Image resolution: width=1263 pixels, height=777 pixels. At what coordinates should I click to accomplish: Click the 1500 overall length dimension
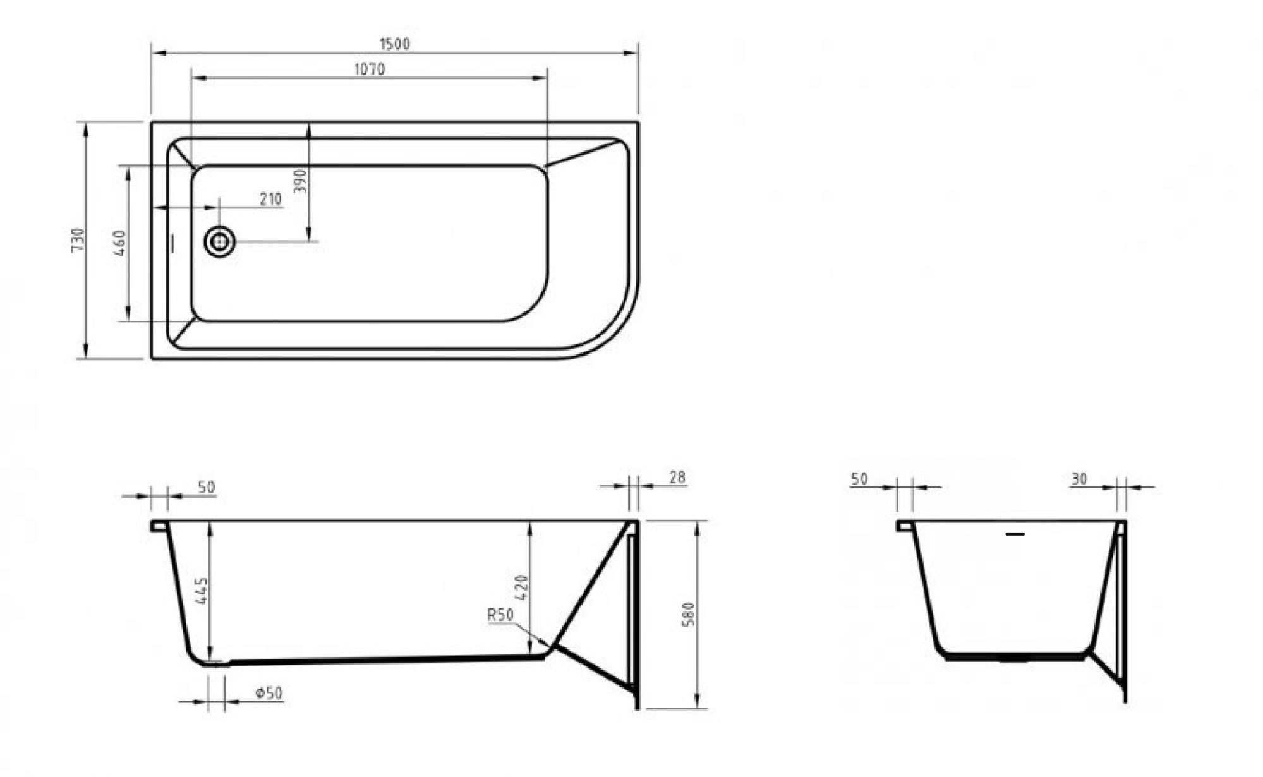(x=394, y=44)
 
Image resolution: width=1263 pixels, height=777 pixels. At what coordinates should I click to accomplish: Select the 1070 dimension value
(x=369, y=69)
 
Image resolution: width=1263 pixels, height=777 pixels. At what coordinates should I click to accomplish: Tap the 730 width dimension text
(x=78, y=240)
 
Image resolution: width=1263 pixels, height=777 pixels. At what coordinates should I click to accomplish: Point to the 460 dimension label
(x=120, y=243)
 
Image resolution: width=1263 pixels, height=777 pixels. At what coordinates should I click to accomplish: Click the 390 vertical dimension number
(x=300, y=181)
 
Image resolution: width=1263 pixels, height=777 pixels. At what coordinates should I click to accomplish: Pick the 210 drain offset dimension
(x=270, y=199)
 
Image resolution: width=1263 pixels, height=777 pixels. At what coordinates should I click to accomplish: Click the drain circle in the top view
(x=219, y=241)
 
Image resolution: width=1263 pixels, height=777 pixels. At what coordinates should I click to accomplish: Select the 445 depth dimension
(x=202, y=590)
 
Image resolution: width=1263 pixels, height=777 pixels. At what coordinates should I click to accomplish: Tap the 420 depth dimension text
(x=521, y=587)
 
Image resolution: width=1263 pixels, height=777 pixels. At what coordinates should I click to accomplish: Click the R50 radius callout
(x=500, y=615)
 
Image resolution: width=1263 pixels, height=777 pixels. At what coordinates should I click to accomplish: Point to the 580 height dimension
(x=688, y=614)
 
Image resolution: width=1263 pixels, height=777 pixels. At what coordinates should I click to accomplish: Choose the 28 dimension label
(x=677, y=478)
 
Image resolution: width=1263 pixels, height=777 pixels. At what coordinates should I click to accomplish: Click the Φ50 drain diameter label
(x=269, y=693)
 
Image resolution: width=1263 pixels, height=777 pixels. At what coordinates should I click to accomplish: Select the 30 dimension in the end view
(x=1079, y=479)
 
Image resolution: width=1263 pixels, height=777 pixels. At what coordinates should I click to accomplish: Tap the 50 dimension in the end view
(x=859, y=479)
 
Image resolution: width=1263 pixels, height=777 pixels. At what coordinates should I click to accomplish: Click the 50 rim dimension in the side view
(x=206, y=487)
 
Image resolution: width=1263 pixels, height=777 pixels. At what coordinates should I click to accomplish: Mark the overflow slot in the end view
(x=1015, y=534)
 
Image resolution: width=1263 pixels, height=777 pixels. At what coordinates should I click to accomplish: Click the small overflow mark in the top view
(x=172, y=243)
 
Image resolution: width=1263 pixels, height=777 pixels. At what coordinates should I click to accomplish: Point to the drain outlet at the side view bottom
(x=216, y=663)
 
